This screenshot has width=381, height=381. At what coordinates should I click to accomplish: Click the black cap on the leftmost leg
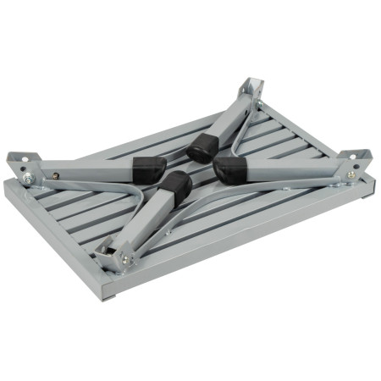click(x=147, y=168)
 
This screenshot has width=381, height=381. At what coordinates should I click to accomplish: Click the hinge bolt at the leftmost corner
click(x=28, y=179)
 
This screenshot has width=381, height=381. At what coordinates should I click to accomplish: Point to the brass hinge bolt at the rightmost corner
click(x=351, y=174)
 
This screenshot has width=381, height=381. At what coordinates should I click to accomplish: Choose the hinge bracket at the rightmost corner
click(x=356, y=163)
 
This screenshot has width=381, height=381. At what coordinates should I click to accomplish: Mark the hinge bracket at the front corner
click(x=115, y=251)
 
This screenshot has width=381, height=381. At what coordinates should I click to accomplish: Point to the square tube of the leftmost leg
click(x=93, y=172)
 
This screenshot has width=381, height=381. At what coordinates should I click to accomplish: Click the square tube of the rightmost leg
click(x=288, y=172)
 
